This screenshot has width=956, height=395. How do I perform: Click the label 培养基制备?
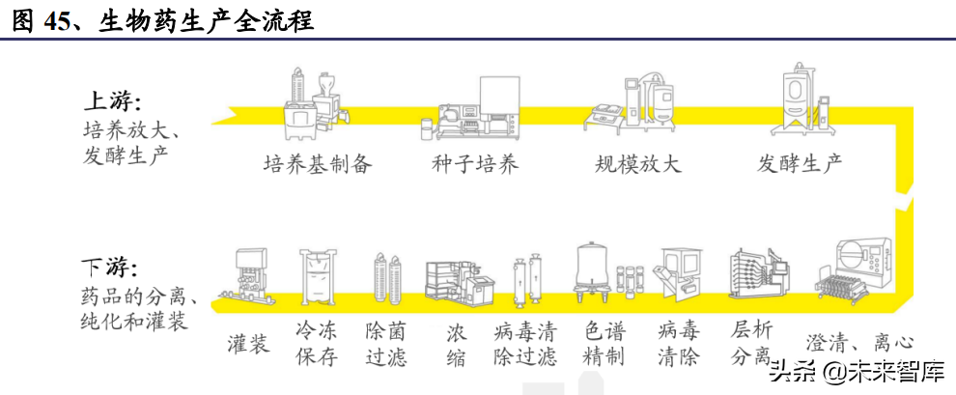(317, 163)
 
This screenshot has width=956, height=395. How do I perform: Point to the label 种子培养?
(474, 163)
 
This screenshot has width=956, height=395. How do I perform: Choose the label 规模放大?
(637, 163)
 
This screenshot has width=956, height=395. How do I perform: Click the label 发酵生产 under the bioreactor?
(800, 163)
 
